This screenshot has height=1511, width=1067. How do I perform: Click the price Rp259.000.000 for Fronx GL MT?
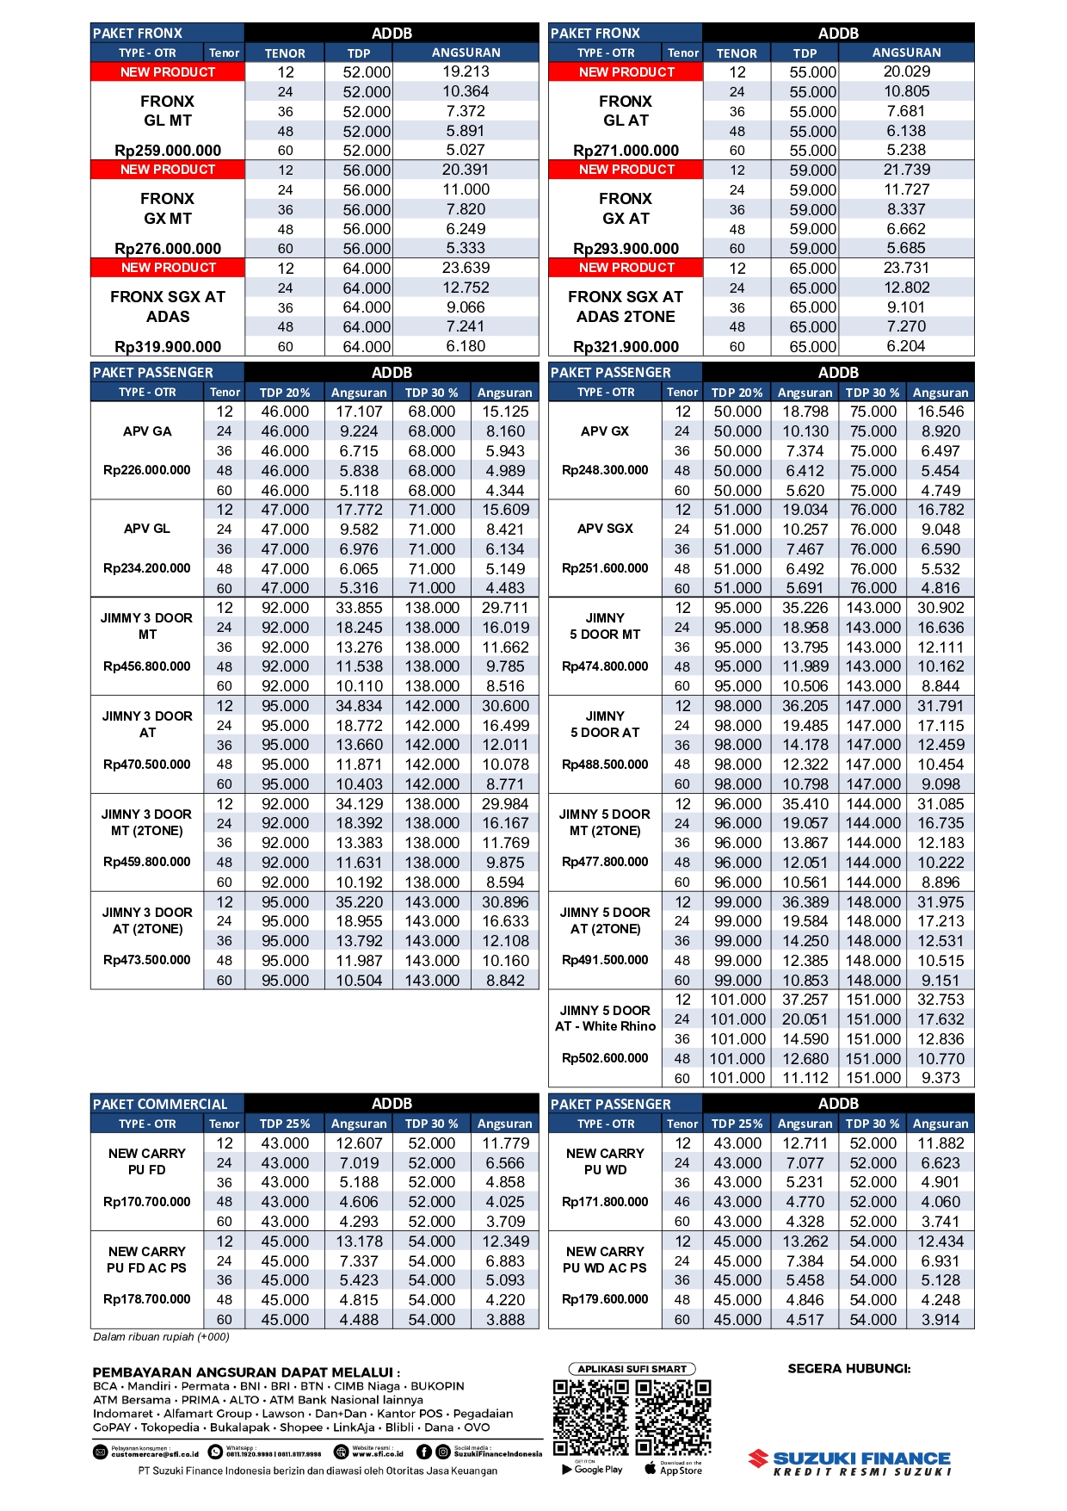point(168,151)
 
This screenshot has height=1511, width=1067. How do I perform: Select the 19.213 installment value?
point(466,71)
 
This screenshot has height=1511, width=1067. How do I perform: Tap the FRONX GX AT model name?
point(626,208)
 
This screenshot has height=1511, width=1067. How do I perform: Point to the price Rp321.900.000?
point(626,347)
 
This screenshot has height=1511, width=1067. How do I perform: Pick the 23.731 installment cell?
point(906,268)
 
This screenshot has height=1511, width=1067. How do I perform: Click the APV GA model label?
point(147,431)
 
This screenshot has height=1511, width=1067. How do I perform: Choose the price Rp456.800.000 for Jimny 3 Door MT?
point(147,666)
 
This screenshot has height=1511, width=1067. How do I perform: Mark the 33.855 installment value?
point(359,608)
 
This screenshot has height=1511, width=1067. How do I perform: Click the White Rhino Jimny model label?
point(605,1019)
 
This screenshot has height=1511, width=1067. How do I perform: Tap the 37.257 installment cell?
point(805,1000)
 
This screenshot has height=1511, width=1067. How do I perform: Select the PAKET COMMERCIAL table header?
point(161,1104)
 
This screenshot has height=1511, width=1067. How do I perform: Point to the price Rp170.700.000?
point(147,1202)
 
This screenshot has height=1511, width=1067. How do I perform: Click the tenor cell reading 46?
point(682,1202)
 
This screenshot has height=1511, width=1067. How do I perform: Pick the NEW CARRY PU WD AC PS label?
point(605,1260)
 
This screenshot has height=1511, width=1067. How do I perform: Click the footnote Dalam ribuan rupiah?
point(161,1337)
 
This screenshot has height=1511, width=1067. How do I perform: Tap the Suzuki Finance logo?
point(850,1462)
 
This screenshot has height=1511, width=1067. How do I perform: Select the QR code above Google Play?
point(590,1417)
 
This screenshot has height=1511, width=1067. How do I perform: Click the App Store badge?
point(674,1470)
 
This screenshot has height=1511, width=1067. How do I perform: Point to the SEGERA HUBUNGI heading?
point(849,1369)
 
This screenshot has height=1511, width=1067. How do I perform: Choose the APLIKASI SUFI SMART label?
point(632,1369)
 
